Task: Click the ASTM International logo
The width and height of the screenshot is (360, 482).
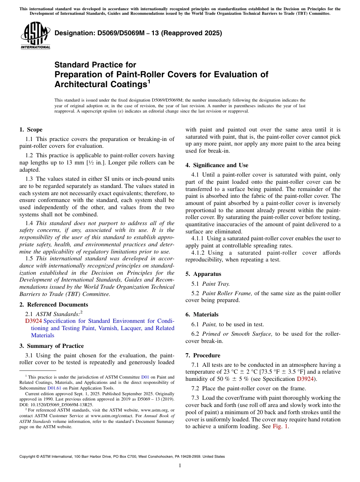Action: tap(35, 36)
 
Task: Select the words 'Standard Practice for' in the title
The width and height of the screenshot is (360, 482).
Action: tap(95, 65)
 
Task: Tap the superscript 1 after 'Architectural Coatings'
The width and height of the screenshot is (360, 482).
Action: tap(149, 81)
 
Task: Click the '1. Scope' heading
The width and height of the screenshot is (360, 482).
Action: tap(31, 130)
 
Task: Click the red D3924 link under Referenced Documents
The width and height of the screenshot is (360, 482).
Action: tap(33, 321)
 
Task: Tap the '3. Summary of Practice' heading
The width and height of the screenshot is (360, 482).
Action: tap(52, 346)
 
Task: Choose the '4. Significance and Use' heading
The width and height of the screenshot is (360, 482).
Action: tap(217, 165)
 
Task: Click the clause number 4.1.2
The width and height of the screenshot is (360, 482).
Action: tap(199, 253)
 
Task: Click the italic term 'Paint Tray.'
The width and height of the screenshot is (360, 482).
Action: tap(216, 283)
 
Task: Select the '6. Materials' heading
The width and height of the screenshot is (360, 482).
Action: tap(202, 315)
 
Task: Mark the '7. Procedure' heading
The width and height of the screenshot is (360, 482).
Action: tap(203, 355)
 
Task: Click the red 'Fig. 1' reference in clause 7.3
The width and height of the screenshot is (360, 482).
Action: tap(280, 426)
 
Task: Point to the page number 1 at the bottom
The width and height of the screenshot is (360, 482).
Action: tap(180, 465)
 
